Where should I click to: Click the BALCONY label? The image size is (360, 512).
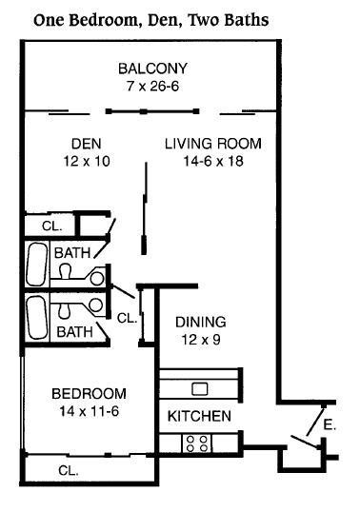click(152, 69)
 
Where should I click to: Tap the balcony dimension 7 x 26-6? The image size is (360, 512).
click(153, 87)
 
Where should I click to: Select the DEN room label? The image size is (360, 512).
click(87, 144)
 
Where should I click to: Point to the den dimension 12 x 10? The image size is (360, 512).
click(87, 161)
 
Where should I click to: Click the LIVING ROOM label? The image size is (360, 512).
click(213, 144)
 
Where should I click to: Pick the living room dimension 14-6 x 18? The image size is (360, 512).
click(213, 161)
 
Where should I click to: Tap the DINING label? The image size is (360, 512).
click(201, 323)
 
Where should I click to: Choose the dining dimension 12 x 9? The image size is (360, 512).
click(201, 340)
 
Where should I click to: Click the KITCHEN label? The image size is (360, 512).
click(199, 416)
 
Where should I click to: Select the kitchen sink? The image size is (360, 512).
click(200, 389)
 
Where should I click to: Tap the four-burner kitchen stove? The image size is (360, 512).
click(196, 443)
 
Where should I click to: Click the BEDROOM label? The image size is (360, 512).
click(89, 394)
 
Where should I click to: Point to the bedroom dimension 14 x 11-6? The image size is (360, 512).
click(89, 411)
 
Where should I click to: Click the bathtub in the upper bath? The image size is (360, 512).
click(36, 265)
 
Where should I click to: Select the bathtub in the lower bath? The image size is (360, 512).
click(36, 318)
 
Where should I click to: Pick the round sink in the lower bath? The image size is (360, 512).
click(96, 305)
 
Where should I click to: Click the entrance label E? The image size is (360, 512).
click(330, 424)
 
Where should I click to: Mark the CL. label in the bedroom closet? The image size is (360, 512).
click(69, 470)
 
